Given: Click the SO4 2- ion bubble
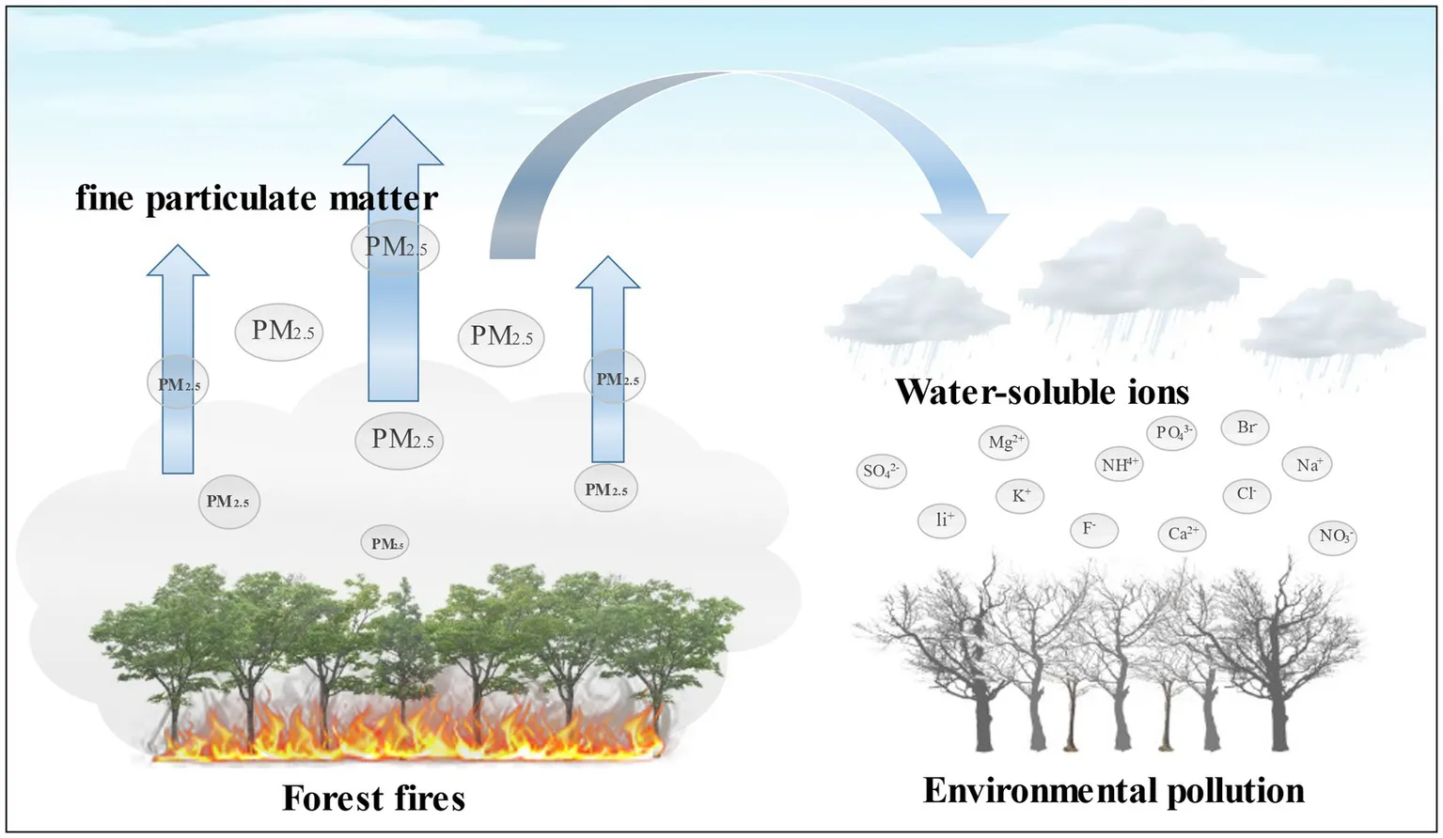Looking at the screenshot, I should click(883, 471).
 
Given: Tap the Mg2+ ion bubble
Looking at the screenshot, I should click(1006, 442).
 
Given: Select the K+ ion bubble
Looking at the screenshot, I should click(1021, 495).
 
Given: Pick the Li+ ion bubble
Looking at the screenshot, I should click(942, 519).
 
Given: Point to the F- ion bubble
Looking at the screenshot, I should click(1093, 529).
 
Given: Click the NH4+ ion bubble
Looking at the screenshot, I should click(1120, 464).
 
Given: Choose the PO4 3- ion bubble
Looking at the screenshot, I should click(1171, 432).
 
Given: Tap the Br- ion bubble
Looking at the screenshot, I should click(1246, 427).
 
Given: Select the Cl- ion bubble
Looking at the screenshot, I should click(1247, 493).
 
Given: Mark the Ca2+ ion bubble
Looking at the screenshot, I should click(1181, 533).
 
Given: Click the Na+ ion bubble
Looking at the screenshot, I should click(1308, 464).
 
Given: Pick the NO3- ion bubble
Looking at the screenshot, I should click(1333, 536).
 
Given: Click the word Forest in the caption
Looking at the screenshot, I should click(329, 798).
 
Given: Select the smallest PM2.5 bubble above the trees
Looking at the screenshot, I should click(385, 543).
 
